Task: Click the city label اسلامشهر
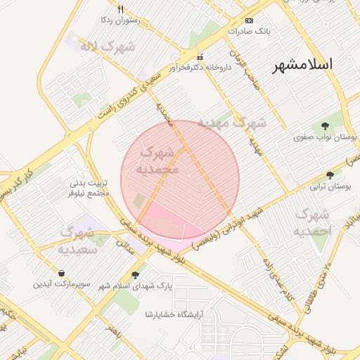pyautogui.click(x=303, y=65)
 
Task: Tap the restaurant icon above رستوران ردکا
pyautogui.click(x=120, y=10)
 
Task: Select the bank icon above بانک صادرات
pyautogui.click(x=250, y=21)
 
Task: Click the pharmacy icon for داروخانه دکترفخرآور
pyautogui.click(x=200, y=57)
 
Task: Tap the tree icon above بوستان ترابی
pyautogui.click(x=330, y=175)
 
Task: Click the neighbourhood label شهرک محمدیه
pyautogui.click(x=160, y=160)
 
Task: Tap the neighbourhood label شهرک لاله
pyautogui.click(x=98, y=47)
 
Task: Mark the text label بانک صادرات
pyautogui.click(x=249, y=32)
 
